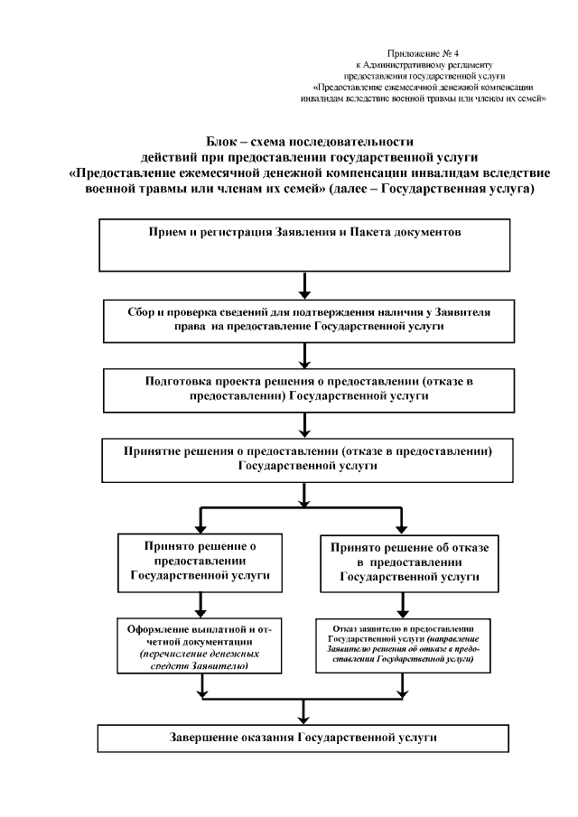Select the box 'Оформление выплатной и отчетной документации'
[200, 645]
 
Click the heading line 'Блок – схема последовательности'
[308, 142]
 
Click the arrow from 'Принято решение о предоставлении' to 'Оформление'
[200, 602]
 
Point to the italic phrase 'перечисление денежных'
[200, 654]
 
